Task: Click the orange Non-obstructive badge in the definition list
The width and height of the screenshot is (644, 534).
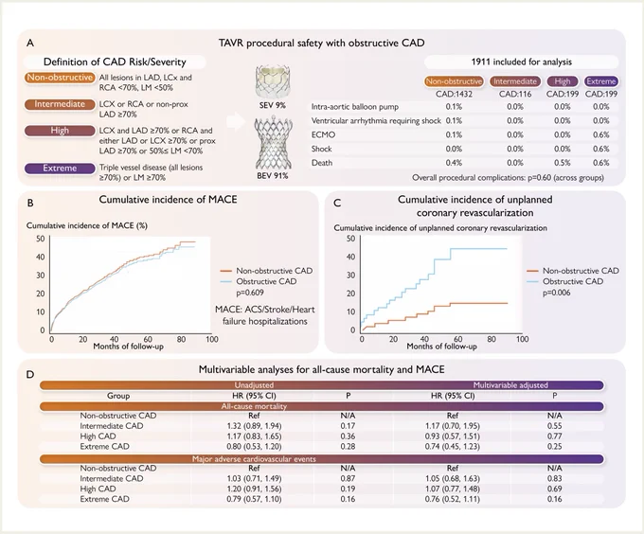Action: [60, 78]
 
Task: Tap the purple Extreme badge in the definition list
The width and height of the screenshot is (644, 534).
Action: [60, 169]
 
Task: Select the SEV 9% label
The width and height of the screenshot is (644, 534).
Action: [273, 105]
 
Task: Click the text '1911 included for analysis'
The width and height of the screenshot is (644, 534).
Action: [522, 62]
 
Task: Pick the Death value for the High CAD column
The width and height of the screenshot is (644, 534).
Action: [563, 163]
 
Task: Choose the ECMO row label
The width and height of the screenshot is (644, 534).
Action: [323, 135]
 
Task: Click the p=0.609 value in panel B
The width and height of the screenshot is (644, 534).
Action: [250, 293]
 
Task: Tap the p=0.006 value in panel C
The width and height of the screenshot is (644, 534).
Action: [557, 293]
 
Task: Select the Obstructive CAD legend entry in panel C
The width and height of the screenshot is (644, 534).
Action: [564, 281]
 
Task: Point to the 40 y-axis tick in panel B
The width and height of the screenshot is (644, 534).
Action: [40, 257]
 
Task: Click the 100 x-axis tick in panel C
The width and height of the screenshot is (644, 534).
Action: [523, 339]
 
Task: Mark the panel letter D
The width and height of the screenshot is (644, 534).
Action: [30, 375]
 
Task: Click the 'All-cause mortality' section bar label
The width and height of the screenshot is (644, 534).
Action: [254, 406]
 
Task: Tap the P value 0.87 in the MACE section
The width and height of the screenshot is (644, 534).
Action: [348, 478]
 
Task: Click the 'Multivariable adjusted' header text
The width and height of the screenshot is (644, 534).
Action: [510, 385]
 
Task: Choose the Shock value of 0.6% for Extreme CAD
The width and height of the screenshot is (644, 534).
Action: [600, 149]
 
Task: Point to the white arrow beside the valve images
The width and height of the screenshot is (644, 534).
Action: [235, 122]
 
